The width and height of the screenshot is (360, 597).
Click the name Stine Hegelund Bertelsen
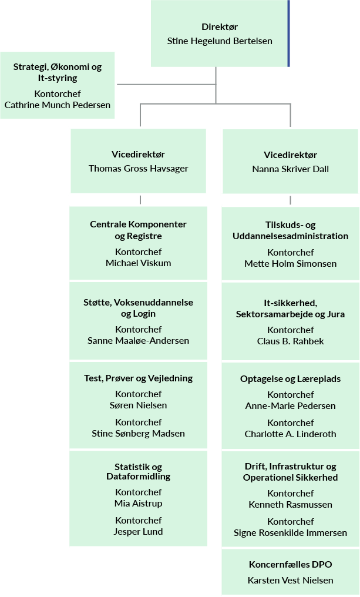coord(220,41)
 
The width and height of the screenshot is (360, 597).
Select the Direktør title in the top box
coord(220,27)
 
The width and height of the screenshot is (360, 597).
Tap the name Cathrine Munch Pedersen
coord(57,105)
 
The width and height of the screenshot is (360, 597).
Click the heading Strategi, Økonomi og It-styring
coord(57,72)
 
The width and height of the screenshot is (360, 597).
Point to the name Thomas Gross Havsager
coord(139,169)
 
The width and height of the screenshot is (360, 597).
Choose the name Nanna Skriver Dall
coord(290,169)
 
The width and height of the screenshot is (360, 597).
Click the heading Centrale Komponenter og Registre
coord(139,230)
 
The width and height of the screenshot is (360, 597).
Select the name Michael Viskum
coord(139,263)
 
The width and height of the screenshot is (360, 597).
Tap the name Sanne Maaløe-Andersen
coord(139,341)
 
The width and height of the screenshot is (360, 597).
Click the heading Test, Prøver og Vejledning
coord(139,378)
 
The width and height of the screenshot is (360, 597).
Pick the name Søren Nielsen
coord(139,405)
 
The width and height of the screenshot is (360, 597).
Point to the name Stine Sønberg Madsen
coord(139,434)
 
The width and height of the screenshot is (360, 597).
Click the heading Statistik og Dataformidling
coord(139,472)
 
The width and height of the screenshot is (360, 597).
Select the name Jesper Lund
coord(139,532)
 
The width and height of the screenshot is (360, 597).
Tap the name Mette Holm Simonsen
coord(290,264)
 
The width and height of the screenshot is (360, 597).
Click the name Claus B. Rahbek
coord(290,341)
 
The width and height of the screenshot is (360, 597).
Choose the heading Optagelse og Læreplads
coord(290,379)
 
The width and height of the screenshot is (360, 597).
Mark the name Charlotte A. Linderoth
coord(290,434)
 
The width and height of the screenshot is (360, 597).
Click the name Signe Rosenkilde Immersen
coord(290,533)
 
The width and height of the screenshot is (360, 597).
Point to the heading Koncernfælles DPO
coord(290,565)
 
